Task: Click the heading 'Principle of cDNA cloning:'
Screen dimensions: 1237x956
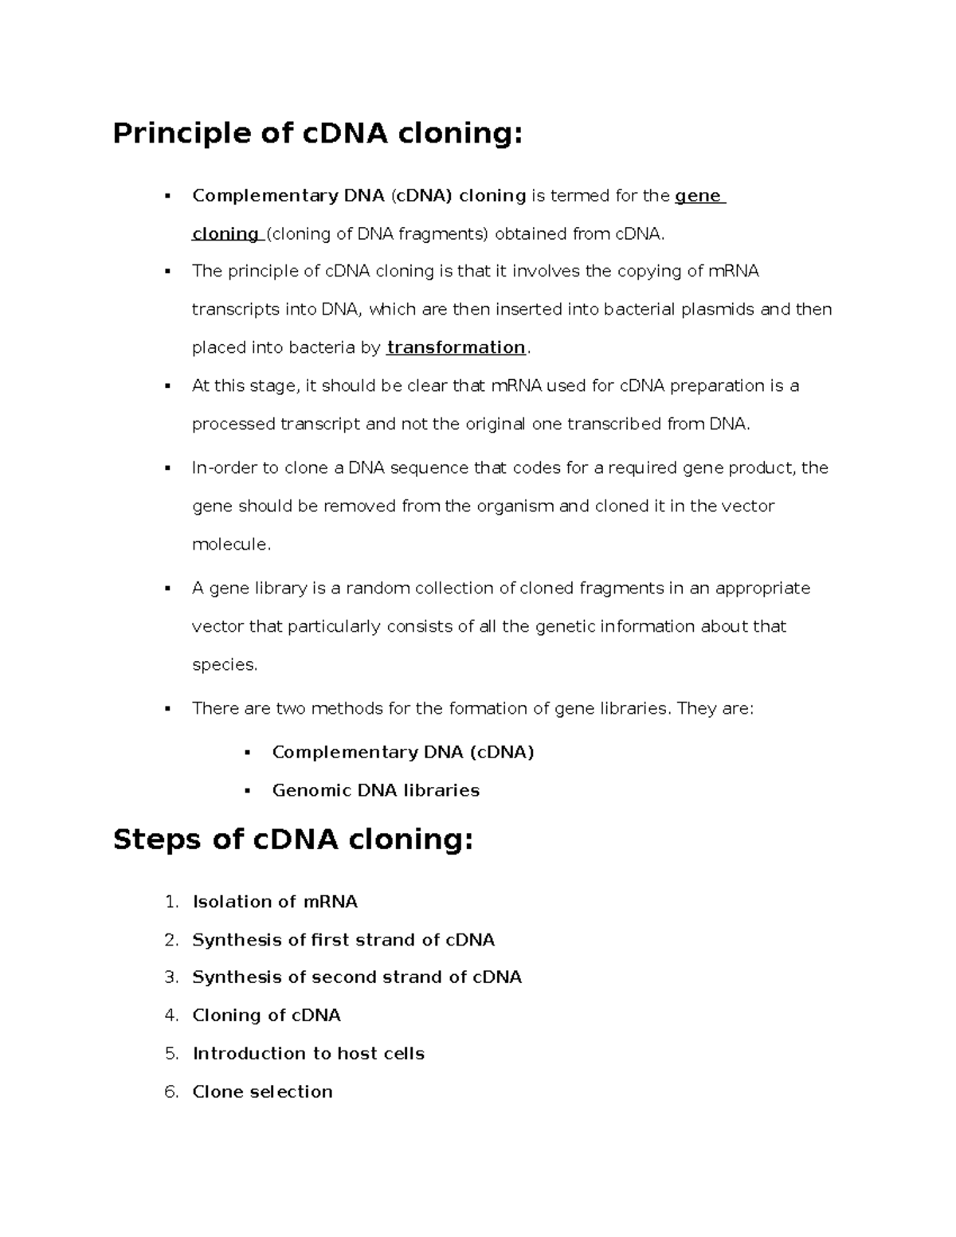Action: (317, 133)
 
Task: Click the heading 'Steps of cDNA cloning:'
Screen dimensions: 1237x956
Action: (293, 840)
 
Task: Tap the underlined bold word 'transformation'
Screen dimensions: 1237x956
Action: (456, 347)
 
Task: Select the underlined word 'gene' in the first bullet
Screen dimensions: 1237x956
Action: (698, 196)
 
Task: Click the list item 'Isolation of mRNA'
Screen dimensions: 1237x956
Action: (275, 902)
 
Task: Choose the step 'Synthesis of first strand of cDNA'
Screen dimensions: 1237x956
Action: (343, 940)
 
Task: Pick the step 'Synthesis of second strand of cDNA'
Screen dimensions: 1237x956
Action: (357, 977)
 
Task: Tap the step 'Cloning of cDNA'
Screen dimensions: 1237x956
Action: (266, 1016)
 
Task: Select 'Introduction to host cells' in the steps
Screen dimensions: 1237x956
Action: (308, 1054)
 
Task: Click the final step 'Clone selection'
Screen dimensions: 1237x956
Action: (262, 1092)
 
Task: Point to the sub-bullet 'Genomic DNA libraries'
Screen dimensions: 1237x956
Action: (375, 791)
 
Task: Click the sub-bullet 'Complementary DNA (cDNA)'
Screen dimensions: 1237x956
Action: (402, 753)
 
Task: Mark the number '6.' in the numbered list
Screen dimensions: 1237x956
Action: (171, 1092)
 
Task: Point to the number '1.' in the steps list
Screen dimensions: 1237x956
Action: (171, 902)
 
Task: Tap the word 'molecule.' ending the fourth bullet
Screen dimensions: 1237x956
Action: (232, 545)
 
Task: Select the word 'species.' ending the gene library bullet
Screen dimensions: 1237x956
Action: (225, 665)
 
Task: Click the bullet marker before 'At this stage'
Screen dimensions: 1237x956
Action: (167, 386)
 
